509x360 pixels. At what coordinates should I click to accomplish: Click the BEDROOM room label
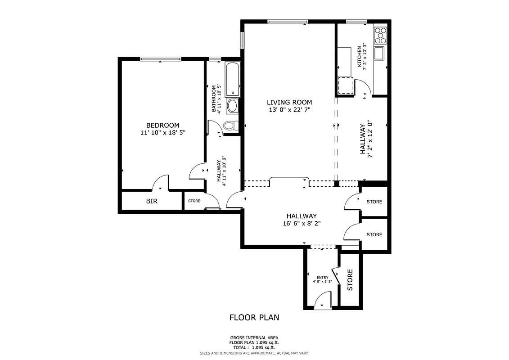(162, 125)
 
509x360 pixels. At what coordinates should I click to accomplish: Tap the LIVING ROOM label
(289, 102)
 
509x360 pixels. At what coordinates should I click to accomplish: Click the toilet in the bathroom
(230, 125)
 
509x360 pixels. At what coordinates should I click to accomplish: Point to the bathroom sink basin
(232, 106)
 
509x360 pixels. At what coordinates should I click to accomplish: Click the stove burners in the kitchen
(380, 34)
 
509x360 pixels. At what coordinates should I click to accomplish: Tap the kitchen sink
(380, 53)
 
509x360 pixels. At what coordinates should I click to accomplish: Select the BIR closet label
(152, 201)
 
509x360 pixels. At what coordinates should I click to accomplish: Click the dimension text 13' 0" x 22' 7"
(289, 109)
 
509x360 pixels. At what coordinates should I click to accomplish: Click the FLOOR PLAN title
(254, 317)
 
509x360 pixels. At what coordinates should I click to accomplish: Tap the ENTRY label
(322, 278)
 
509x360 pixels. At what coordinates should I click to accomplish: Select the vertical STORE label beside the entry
(350, 279)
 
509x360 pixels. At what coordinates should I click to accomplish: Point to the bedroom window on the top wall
(160, 59)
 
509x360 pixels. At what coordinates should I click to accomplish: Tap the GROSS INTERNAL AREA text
(254, 337)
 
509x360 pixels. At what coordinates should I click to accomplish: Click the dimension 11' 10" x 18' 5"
(162, 133)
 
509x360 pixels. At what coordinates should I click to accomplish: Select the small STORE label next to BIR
(194, 201)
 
